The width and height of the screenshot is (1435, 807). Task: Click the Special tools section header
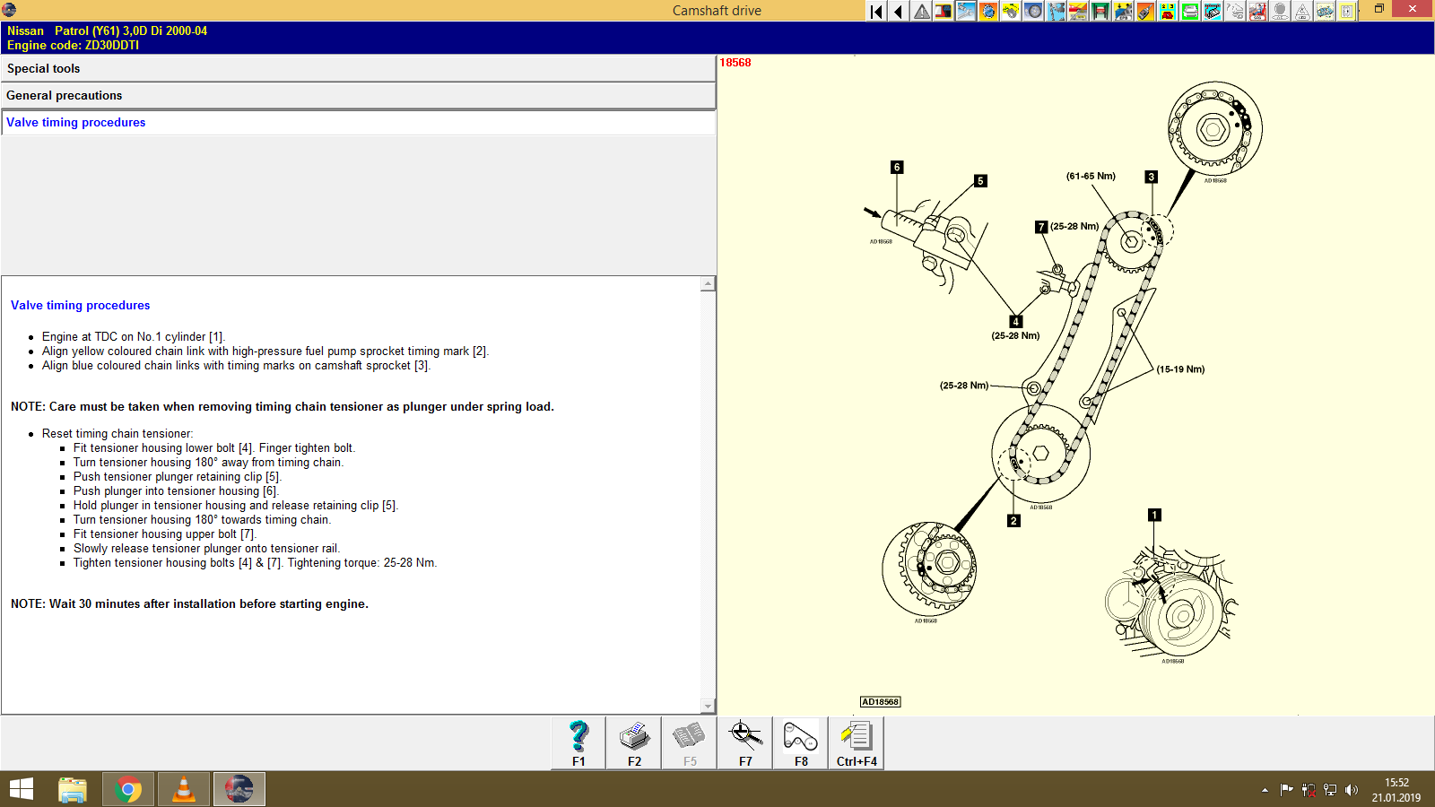pos(43,69)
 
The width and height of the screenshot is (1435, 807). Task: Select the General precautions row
pos(64,96)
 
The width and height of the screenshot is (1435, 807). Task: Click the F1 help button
pos(578,742)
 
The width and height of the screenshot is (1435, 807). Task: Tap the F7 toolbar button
pos(745,742)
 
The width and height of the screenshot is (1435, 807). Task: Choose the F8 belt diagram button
pos(801,742)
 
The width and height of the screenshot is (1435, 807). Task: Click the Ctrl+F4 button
pos(857,742)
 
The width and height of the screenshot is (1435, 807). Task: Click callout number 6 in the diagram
pos(897,168)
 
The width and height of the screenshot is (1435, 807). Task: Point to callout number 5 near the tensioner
pos(980,181)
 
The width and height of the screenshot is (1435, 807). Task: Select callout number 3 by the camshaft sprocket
pos(1151,178)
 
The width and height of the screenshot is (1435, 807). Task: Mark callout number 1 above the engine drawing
pos(1154,516)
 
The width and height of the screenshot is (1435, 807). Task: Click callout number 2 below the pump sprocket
pos(1013,521)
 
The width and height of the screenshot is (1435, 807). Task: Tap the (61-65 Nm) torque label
pos(1091,177)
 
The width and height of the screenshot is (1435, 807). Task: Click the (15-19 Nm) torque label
pos(1180,369)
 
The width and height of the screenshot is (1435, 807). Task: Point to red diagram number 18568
pos(735,63)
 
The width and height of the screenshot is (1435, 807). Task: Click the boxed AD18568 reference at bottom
pos(880,702)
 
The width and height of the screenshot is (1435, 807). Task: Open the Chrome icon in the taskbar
pos(128,790)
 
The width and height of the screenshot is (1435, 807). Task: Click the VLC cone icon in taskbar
pos(184,790)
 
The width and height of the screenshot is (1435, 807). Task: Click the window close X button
pos(1413,9)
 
